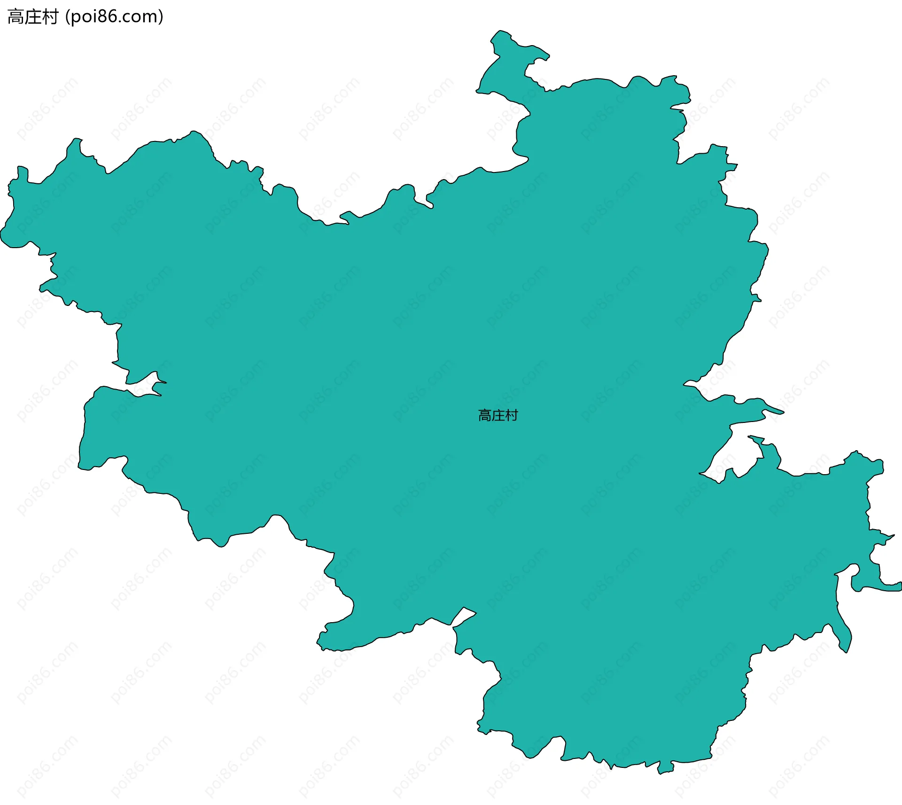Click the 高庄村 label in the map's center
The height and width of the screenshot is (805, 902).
(498, 415)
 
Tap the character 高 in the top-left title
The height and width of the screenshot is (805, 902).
(16, 17)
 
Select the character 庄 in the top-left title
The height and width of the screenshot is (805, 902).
(33, 17)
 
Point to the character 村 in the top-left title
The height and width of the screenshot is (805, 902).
(50, 17)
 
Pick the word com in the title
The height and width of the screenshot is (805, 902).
(141, 17)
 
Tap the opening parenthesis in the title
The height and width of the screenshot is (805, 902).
(68, 17)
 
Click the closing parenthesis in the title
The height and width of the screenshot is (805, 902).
(161, 17)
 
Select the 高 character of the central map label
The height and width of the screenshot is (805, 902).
(485, 415)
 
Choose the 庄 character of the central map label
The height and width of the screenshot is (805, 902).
(498, 415)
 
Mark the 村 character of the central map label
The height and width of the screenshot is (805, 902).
(512, 415)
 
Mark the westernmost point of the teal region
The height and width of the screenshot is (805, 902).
(1, 233)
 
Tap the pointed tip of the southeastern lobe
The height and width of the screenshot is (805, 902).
(846, 651)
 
